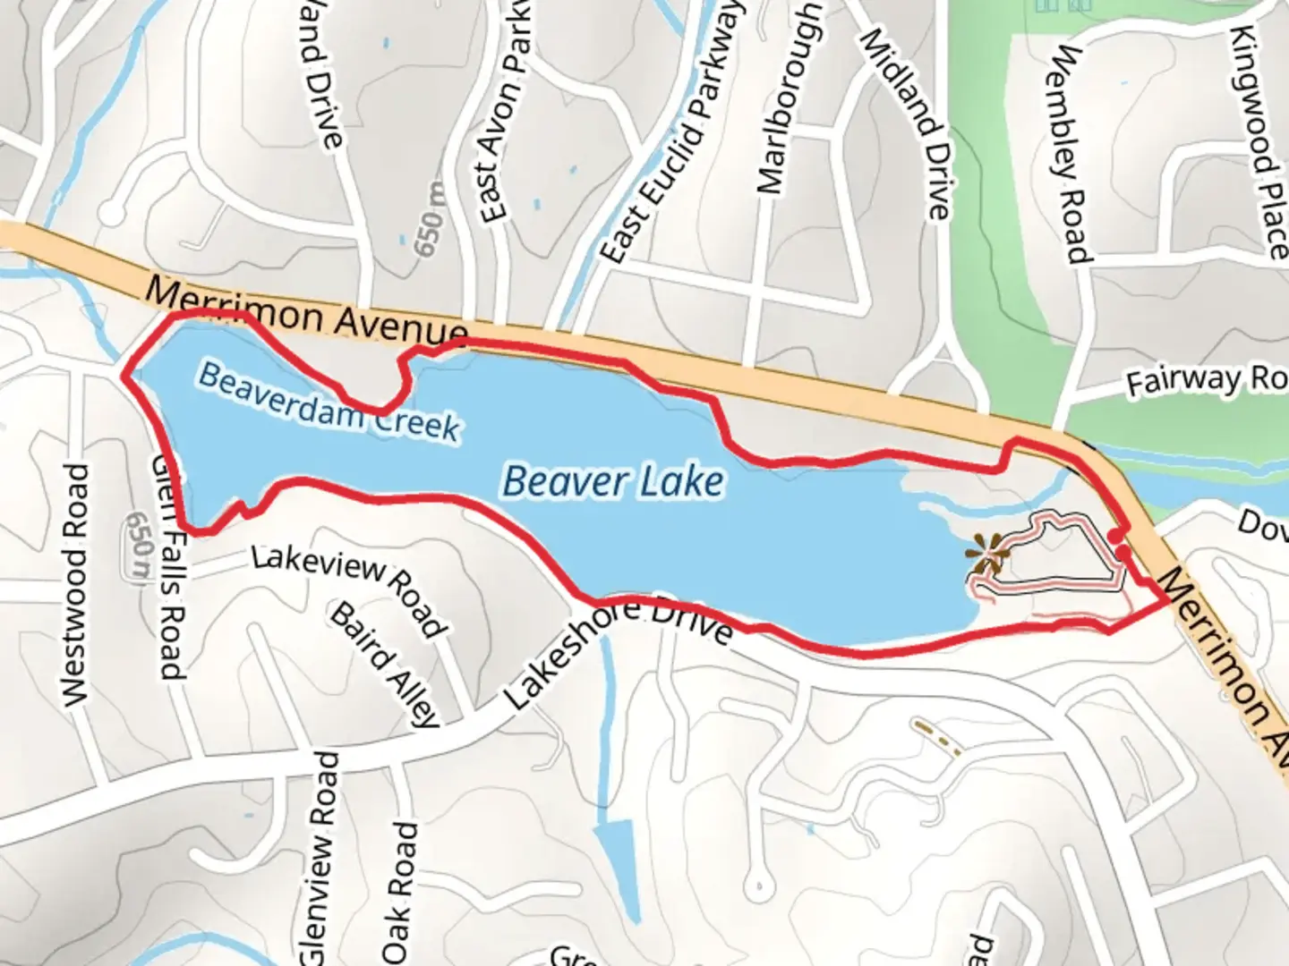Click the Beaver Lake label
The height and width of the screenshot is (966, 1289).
[613, 482]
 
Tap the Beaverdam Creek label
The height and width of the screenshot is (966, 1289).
[329, 402]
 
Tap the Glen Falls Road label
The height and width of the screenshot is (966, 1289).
[167, 563]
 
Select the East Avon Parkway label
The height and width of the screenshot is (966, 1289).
[504, 125]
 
